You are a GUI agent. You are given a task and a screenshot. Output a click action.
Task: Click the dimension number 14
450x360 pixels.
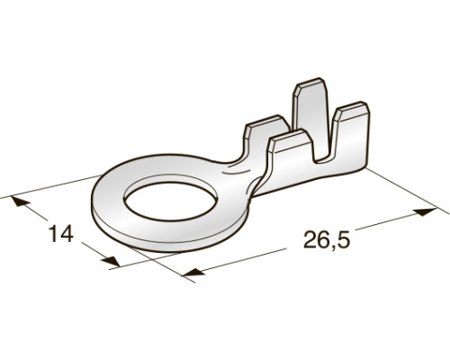click(61, 234)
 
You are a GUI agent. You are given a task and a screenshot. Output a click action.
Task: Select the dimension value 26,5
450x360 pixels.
click(327, 240)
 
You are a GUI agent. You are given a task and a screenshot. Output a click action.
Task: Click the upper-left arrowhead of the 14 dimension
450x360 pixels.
click(21, 202)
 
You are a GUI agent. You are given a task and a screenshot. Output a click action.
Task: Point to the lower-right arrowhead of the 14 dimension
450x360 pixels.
click(111, 261)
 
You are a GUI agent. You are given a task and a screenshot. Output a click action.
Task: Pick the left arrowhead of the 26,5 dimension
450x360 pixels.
click(193, 272)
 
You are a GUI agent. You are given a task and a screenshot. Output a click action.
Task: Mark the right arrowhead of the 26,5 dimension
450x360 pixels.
click(425, 212)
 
